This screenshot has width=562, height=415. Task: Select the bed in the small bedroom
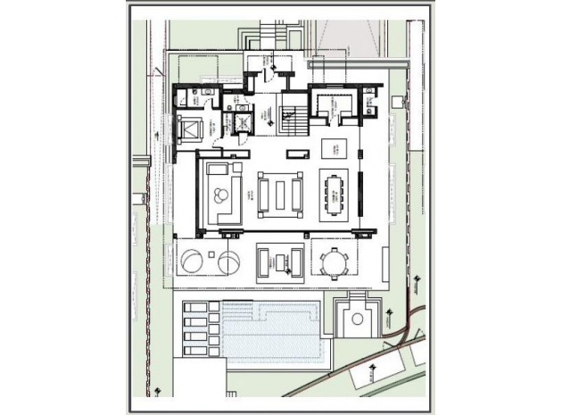(x=192, y=131)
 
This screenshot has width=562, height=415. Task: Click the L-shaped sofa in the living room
(x=219, y=191)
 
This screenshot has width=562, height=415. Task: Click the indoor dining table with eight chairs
(x=335, y=194)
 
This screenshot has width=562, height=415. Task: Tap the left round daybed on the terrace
(x=192, y=262)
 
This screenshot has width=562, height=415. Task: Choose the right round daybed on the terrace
(x=228, y=262)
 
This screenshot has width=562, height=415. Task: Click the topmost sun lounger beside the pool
(x=195, y=310)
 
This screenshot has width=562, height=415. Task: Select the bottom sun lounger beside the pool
(x=195, y=351)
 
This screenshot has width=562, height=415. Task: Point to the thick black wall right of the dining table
(x=361, y=194)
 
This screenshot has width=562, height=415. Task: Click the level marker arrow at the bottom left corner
(x=158, y=391)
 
